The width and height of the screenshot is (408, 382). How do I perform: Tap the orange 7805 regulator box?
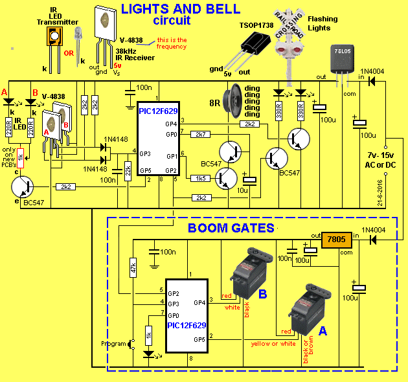click(337, 240)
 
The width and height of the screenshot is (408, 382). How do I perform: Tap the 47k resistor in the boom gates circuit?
click(133, 267)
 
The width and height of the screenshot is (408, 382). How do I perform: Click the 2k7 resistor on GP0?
click(201, 134)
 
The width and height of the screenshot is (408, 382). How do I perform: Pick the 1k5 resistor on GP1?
click(201, 177)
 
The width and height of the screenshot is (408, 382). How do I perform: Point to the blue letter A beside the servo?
click(322, 330)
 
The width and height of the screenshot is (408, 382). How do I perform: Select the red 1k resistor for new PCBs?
click(21, 157)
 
